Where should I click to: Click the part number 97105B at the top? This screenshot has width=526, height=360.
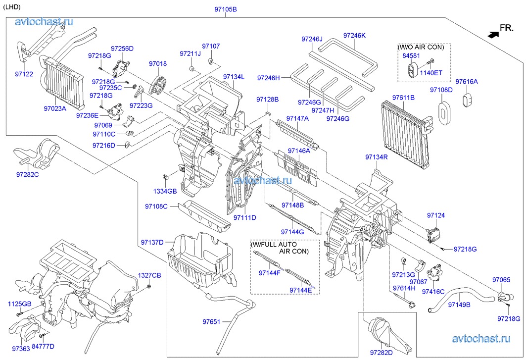(x=226, y=9)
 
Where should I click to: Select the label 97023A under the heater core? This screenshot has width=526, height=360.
(x=54, y=108)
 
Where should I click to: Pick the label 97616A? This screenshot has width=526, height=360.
(x=467, y=82)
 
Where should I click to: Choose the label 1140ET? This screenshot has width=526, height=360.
(x=431, y=72)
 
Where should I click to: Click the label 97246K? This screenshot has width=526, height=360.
(x=354, y=35)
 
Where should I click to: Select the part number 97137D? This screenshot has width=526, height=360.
(x=151, y=242)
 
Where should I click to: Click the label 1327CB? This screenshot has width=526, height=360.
(x=149, y=275)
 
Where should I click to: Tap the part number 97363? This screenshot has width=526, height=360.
(x=21, y=349)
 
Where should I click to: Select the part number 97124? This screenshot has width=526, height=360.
(x=436, y=215)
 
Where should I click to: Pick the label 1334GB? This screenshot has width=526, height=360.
(x=164, y=191)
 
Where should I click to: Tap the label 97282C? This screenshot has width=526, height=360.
(x=28, y=175)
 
